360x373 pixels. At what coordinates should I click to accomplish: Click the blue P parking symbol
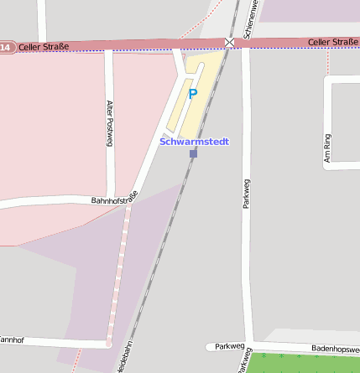192,94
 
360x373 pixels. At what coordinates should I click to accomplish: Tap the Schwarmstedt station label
194,142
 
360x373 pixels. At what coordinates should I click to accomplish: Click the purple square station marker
193,153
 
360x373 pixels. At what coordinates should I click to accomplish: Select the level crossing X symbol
230,42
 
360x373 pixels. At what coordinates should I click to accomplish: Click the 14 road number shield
6,48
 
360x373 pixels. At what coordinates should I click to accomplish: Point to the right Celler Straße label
332,42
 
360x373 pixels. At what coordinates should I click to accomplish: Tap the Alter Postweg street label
109,123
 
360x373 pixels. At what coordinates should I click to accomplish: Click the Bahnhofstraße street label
114,199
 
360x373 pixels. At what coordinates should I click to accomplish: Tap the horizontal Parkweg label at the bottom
229,345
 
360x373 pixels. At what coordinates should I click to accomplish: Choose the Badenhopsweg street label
334,346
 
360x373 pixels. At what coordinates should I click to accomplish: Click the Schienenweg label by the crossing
249,19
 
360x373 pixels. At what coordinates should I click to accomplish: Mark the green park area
302,363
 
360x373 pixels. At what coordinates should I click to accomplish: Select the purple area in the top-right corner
310,10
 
